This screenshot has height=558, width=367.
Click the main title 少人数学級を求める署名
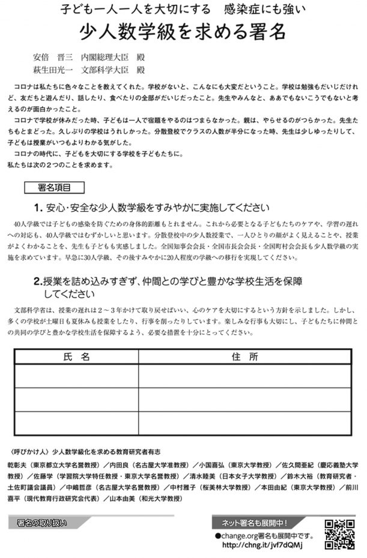[183, 32]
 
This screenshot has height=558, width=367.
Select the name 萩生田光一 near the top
[53, 70]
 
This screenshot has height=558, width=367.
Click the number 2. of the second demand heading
[37, 281]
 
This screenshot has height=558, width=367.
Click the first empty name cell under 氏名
[76, 376]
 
